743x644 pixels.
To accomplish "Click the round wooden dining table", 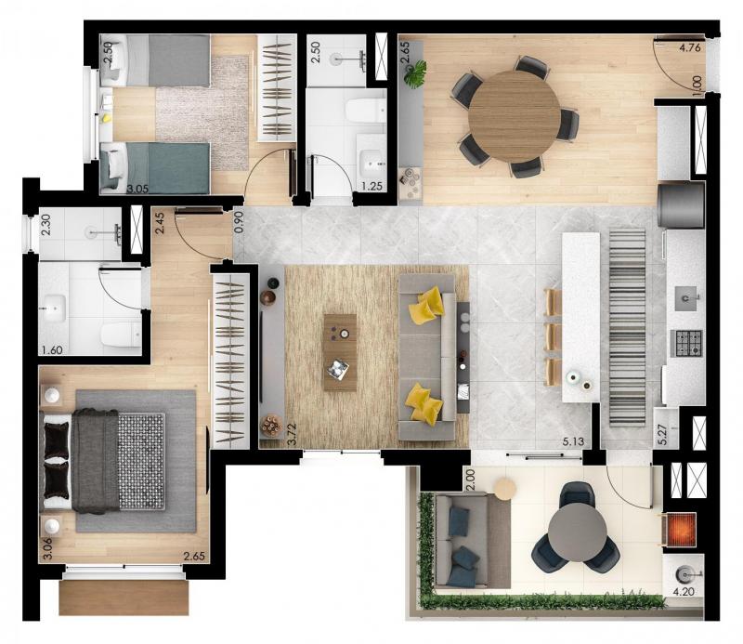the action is click(515, 116).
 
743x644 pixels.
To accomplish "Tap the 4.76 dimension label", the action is click(689, 47).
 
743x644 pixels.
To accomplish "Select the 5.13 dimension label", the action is click(573, 442).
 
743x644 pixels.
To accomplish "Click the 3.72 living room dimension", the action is click(293, 434).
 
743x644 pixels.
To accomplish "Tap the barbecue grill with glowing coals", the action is click(682, 531).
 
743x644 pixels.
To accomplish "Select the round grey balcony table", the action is click(577, 532).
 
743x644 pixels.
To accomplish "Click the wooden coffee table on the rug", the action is click(340, 352).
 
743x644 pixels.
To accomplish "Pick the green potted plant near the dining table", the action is click(415, 74).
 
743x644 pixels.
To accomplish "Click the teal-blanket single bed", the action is click(155, 168).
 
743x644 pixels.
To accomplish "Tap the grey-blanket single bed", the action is click(155, 60).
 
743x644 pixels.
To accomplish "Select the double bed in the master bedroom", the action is click(104, 462).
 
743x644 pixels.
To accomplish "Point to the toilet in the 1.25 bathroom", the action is click(366, 111).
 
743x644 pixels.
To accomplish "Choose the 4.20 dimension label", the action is click(684, 591).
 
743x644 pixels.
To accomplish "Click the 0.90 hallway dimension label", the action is click(239, 221).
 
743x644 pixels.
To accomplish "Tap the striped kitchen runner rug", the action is click(627, 327).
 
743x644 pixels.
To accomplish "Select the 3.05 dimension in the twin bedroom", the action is click(137, 189).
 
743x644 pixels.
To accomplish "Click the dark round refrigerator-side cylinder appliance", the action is click(681, 204).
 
